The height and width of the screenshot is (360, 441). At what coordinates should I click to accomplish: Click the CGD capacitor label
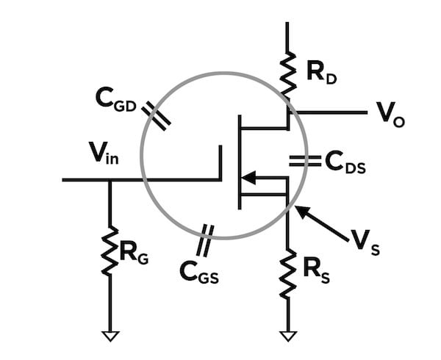point(117,98)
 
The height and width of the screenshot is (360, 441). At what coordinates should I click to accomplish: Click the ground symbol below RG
point(110,336)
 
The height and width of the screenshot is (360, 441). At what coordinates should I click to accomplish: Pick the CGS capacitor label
point(199,272)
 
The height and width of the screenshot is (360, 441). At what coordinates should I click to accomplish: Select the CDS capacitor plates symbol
point(299,161)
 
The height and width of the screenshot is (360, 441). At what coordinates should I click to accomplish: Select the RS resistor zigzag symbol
point(287,273)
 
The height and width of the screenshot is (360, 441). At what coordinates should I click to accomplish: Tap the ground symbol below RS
point(288,336)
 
